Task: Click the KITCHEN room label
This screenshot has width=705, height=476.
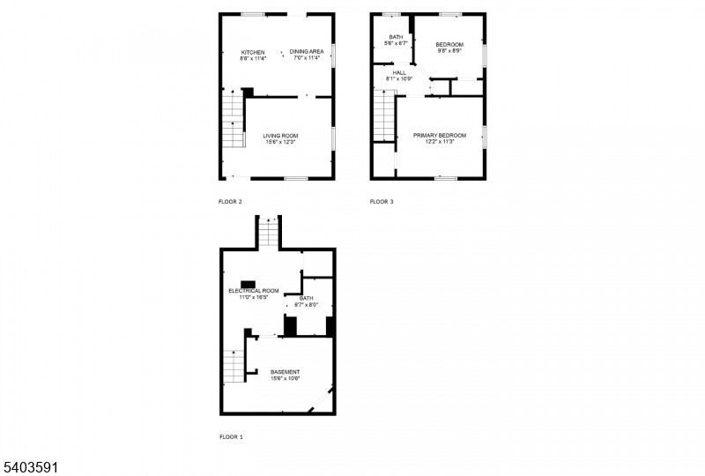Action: coord(253,52)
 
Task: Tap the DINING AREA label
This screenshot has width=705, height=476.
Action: coord(307,51)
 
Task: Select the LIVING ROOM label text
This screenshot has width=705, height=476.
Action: coord(280,136)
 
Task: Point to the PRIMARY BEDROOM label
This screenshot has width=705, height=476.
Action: coord(440,136)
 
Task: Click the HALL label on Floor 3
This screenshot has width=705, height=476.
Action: coord(399,72)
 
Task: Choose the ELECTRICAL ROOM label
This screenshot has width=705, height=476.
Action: coord(254,291)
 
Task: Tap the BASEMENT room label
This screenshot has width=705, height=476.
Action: coord(285,372)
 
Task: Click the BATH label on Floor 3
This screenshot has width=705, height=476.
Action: coord(396,37)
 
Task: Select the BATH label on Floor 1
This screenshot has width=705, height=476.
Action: coord(306,298)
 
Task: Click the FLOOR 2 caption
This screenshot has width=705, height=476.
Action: coord(230,202)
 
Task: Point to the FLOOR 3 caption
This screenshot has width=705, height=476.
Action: coord(382,202)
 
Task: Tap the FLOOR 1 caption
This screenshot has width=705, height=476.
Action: coord(231,436)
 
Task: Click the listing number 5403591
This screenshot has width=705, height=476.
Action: coord(29,467)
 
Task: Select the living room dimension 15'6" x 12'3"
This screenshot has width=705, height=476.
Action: coord(280,142)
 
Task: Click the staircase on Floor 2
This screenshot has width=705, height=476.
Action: coord(234,119)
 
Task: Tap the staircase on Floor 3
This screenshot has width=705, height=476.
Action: coord(384,115)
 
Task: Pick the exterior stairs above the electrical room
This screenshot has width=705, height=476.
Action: coord(269,231)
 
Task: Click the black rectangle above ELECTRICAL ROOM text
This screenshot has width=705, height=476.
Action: coord(249,285)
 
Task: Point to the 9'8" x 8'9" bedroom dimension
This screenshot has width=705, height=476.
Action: coord(449,51)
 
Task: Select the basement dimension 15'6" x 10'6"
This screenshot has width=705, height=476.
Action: coord(285,378)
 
